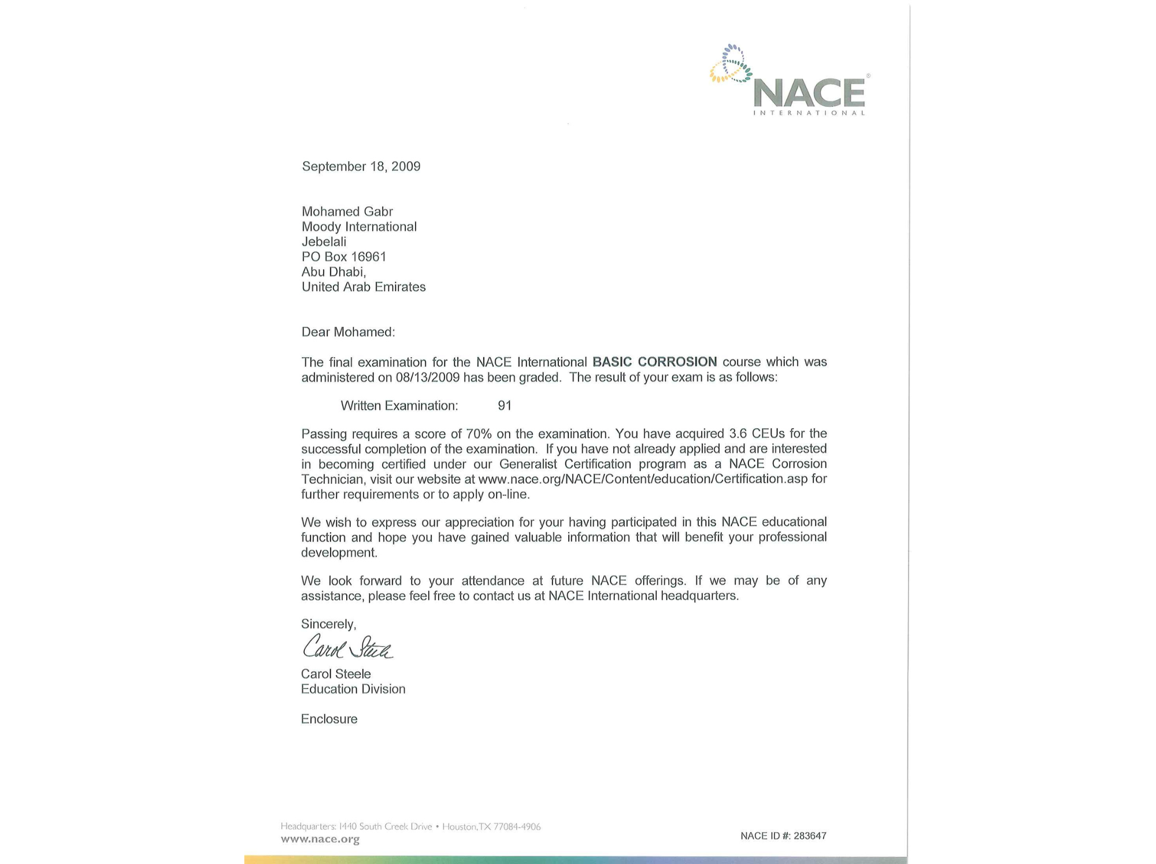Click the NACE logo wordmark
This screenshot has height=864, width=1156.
pyautogui.click(x=809, y=93)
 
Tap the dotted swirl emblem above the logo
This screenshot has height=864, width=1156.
pyautogui.click(x=731, y=64)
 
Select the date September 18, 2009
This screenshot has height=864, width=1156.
pyautogui.click(x=361, y=166)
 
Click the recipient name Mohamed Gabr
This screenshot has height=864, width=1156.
pyautogui.click(x=347, y=212)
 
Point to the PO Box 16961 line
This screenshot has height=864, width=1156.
pyautogui.click(x=343, y=257)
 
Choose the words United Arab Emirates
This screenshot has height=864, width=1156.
pyautogui.click(x=363, y=287)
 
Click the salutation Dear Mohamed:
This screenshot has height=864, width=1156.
pyautogui.click(x=348, y=332)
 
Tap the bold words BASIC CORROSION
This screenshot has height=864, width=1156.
pyautogui.click(x=654, y=362)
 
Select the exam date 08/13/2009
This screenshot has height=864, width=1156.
pyautogui.click(x=427, y=377)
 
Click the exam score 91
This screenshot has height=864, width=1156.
pyautogui.click(x=505, y=406)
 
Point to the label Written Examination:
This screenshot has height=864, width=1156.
pyautogui.click(x=399, y=406)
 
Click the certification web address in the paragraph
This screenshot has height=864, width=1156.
pyautogui.click(x=643, y=479)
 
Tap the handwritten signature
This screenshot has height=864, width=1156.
pyautogui.click(x=347, y=647)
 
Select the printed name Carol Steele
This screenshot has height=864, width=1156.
pyautogui.click(x=336, y=674)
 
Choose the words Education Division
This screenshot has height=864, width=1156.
pyautogui.click(x=353, y=689)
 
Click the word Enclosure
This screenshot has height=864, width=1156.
pyautogui.click(x=329, y=719)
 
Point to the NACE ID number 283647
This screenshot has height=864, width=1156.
pyautogui.click(x=810, y=836)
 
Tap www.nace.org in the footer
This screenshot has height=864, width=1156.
pyautogui.click(x=320, y=839)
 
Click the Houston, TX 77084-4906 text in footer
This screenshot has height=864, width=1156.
pyautogui.click(x=491, y=826)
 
